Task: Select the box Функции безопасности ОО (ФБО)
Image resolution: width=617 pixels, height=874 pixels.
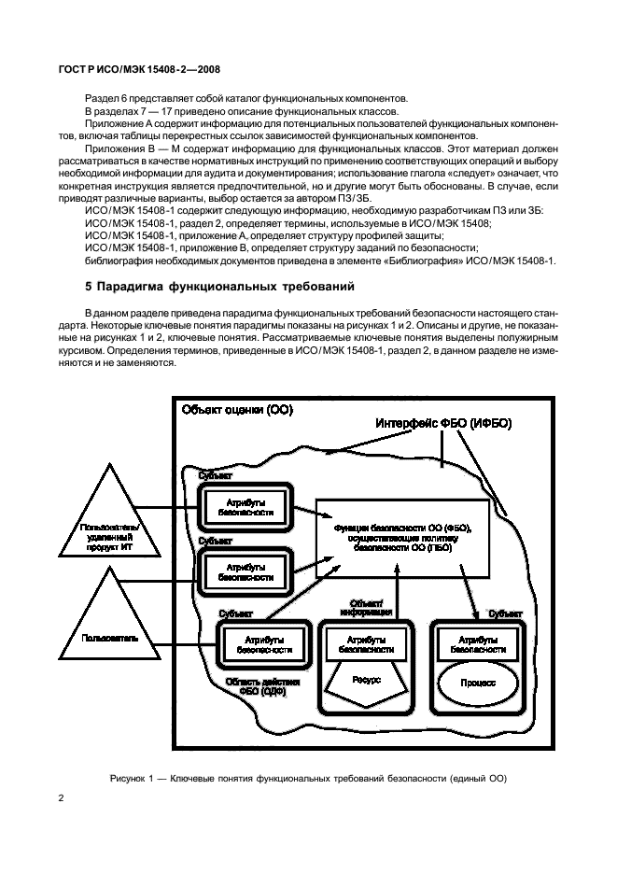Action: click(403, 540)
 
